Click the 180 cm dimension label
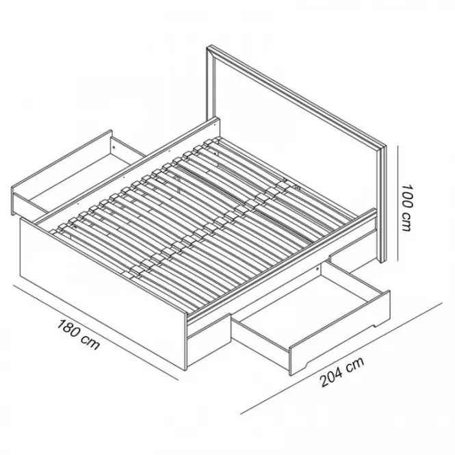[x=79, y=335]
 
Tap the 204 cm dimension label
[x=342, y=372]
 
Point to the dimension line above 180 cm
[x=96, y=333]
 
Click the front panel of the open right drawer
[x=339, y=333]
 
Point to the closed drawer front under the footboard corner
[x=209, y=340]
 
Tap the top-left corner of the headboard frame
[x=207, y=47]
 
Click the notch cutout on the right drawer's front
[x=376, y=324]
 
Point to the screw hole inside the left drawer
[x=114, y=148]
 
